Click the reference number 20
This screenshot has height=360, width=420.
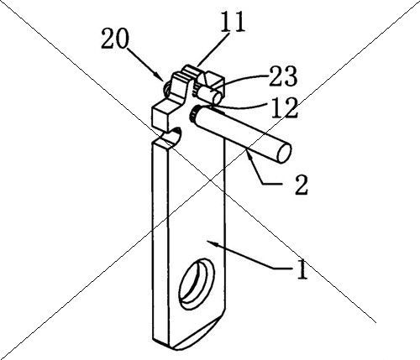coord(115,39)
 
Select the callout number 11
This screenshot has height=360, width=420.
coord(233,22)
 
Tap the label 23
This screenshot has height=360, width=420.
coord(282,76)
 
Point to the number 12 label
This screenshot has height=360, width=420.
coord(283,108)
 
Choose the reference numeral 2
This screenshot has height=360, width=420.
coord(301,185)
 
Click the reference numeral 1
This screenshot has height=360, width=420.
coord(302,269)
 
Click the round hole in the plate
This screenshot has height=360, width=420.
coord(197,284)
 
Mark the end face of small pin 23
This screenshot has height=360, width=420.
coord(218,98)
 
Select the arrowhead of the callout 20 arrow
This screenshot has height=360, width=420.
coord(160,77)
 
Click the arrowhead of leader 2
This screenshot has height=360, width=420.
coord(249,154)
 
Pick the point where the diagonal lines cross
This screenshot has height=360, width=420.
coord(210,180)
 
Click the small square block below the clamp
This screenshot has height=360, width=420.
coord(163,114)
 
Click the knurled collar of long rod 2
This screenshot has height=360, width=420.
coord(193,115)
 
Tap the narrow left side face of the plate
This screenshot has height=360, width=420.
coord(160,243)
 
